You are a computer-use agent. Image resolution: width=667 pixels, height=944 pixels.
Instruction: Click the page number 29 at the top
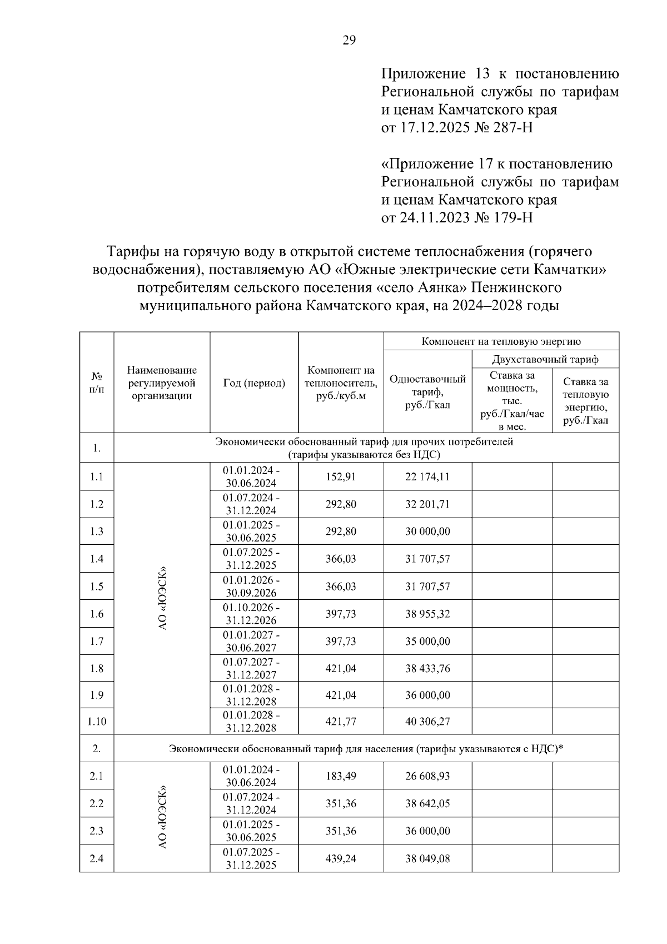[349, 40]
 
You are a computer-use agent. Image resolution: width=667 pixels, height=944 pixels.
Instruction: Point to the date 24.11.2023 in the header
[434, 217]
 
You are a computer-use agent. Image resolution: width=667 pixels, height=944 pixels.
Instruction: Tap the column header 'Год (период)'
[254, 383]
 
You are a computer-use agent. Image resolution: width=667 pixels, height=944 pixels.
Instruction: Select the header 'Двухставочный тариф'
[545, 359]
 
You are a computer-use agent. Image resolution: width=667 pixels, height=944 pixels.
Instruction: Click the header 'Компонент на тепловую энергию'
[501, 341]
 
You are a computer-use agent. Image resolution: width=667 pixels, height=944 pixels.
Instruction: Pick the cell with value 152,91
[341, 476]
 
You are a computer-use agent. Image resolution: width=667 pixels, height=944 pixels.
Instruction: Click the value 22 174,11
[427, 476]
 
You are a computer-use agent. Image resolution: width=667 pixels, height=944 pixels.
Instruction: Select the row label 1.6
[97, 614]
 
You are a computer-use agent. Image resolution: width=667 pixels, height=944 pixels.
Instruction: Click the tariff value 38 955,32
[427, 614]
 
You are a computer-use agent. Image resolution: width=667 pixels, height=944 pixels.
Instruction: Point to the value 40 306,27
[427, 722]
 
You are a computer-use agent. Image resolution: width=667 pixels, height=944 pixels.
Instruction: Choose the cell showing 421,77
[341, 722]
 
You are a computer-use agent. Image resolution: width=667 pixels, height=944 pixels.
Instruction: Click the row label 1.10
[97, 722]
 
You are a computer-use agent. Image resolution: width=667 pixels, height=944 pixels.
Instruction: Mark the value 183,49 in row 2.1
[341, 776]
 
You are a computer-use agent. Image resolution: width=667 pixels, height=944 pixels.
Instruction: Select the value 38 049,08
[427, 858]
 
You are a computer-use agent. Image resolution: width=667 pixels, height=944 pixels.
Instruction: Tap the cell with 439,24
[341, 858]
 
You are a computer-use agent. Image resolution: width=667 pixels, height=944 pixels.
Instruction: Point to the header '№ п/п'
[97, 383]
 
